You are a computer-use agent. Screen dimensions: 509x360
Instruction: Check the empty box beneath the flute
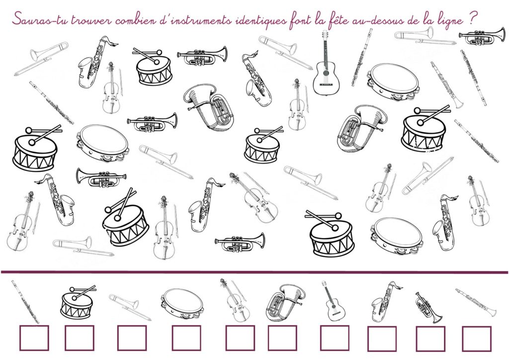click(x=34, y=338)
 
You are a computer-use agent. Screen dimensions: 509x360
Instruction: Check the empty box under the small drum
click(x=80, y=338)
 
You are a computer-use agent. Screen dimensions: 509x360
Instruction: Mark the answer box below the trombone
click(x=132, y=338)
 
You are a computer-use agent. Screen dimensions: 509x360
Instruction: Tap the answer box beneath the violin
click(x=240, y=338)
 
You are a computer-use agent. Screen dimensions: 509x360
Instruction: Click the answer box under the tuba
click(x=282, y=338)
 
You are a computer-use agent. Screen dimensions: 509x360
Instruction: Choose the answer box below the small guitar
click(x=335, y=338)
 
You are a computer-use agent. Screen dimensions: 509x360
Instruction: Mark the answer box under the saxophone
click(x=382, y=339)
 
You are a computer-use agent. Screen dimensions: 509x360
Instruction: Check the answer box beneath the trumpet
click(x=430, y=339)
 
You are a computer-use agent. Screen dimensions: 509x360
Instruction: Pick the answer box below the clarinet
click(x=477, y=339)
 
